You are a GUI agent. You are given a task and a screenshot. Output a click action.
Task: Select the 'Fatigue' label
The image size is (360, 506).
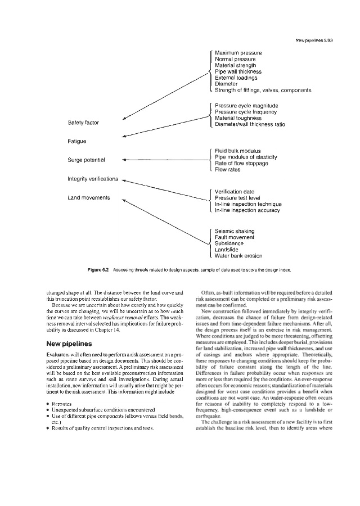pos(77,141)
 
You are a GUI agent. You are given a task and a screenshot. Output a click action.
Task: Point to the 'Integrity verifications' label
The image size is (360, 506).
pos(92,179)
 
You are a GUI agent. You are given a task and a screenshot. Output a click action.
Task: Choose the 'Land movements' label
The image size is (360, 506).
pos(88,197)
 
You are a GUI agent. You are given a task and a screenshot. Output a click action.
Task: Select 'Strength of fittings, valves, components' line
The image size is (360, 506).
pos(263,90)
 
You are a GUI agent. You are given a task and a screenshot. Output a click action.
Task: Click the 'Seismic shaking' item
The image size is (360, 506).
pos(235,231)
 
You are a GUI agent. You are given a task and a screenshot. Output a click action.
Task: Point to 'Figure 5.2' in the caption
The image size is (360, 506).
pos(100,270)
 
